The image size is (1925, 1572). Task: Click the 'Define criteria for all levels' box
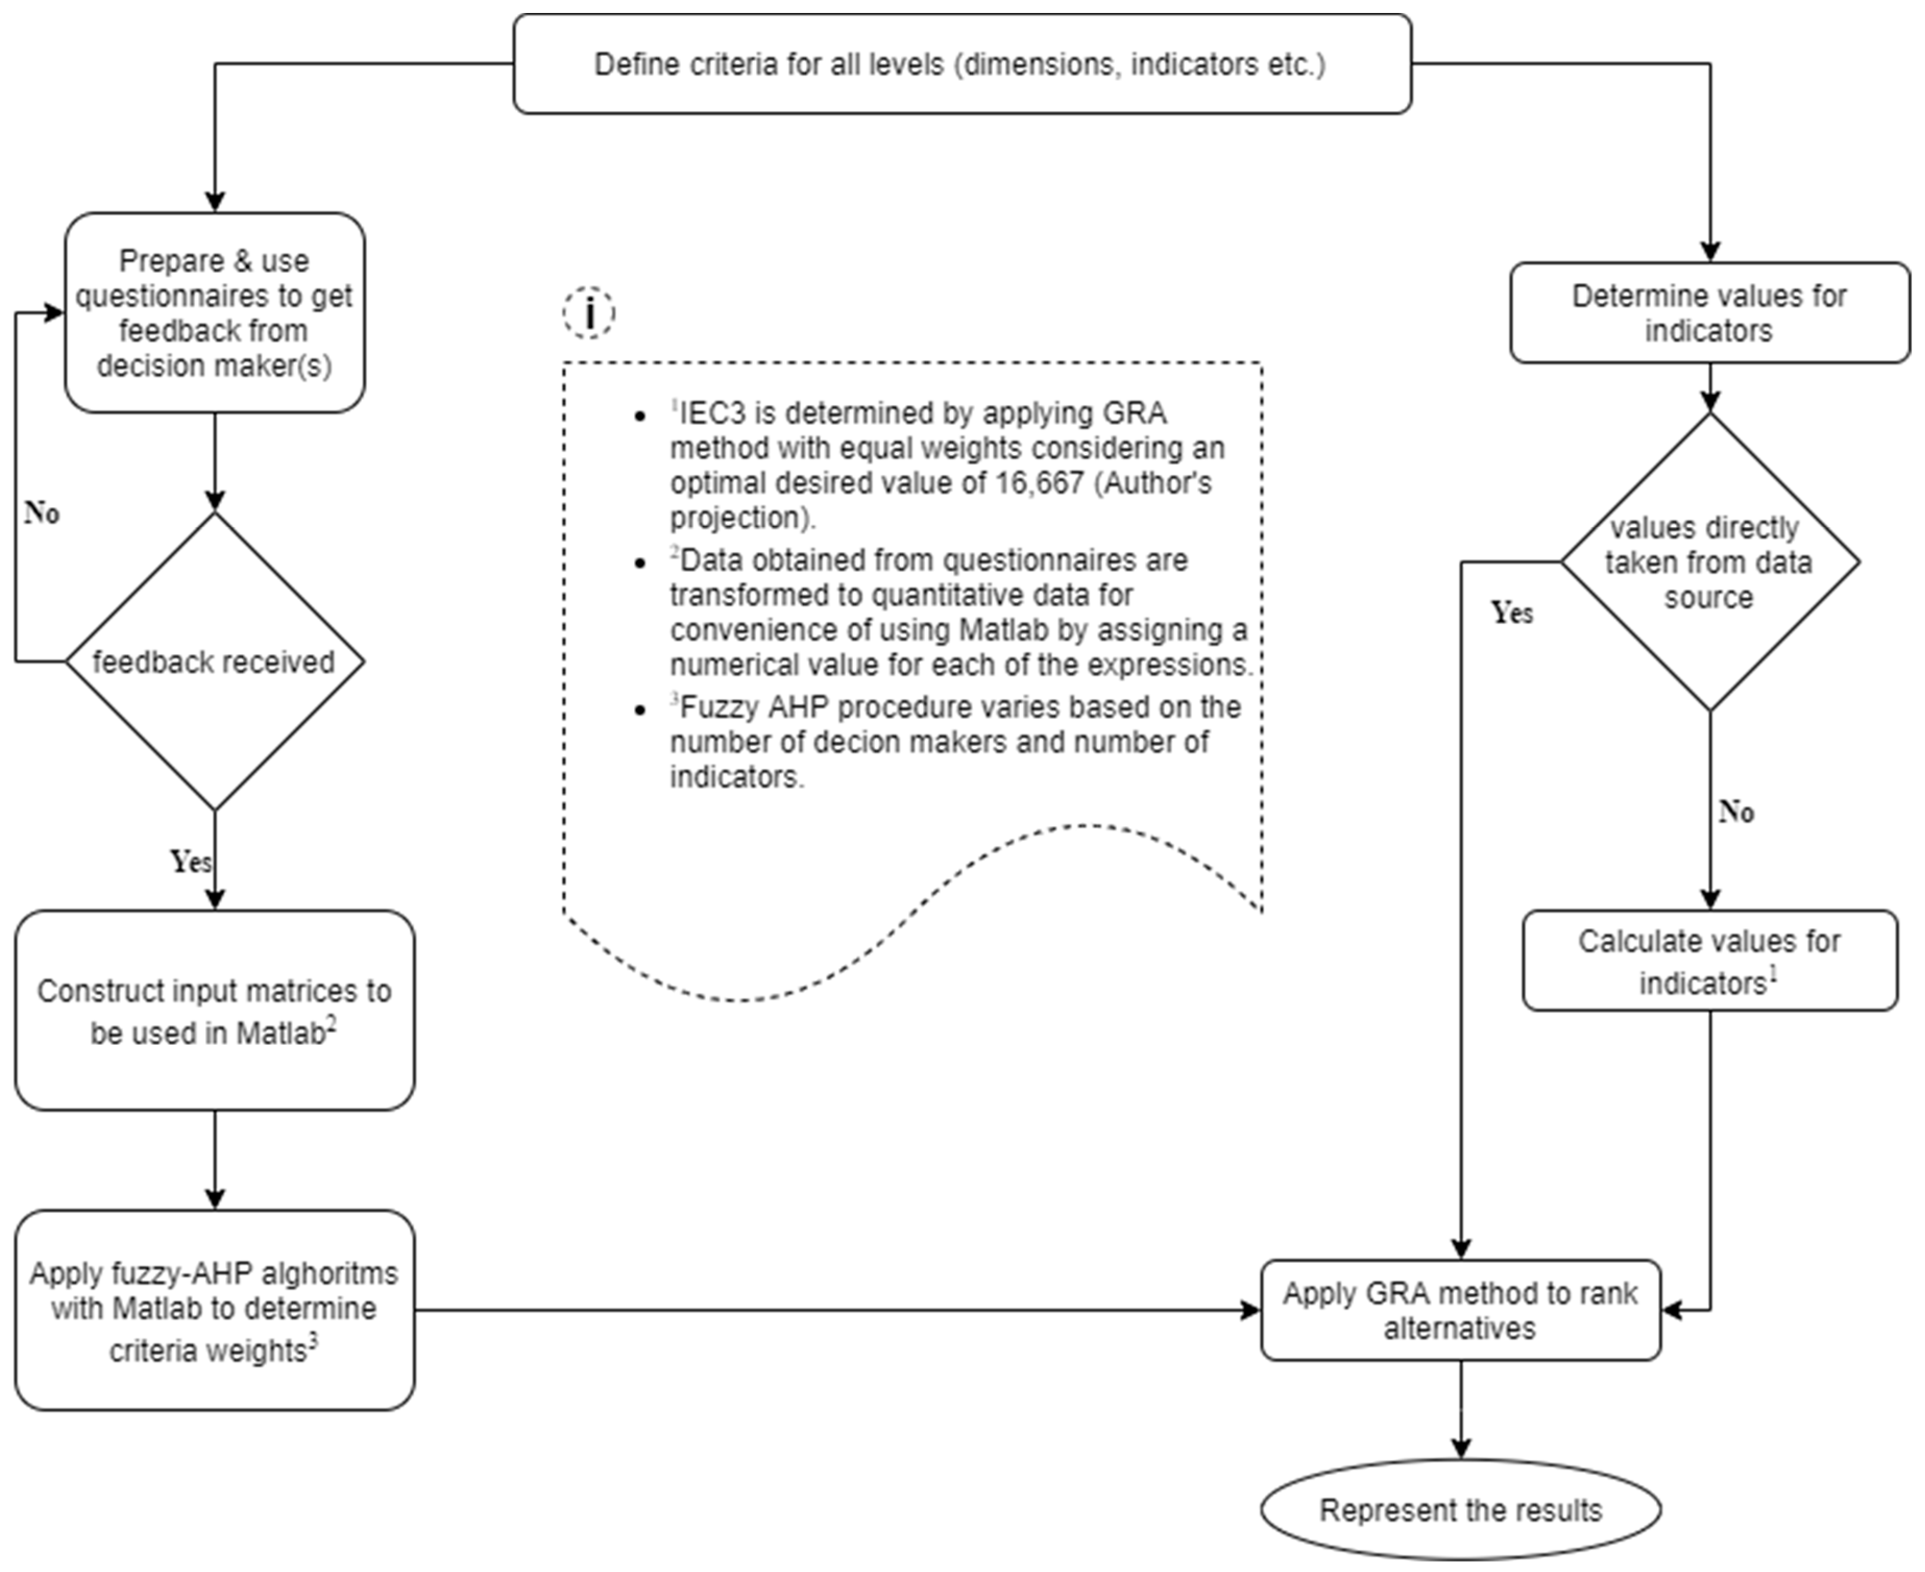(961, 64)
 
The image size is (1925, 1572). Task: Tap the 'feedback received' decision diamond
(215, 661)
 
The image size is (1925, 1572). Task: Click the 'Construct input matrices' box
(215, 1010)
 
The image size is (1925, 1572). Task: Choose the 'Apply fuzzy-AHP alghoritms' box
(215, 1310)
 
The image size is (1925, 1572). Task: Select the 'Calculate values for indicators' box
(1710, 961)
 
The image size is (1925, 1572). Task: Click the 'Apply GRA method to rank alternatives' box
(1460, 1310)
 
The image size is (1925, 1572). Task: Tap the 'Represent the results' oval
(1460, 1509)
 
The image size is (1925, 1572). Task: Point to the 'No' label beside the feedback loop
(42, 513)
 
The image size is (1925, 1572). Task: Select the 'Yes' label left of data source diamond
(1512, 613)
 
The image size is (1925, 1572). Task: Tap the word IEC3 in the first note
(715, 413)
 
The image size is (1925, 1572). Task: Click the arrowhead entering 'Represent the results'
(1460, 1449)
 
